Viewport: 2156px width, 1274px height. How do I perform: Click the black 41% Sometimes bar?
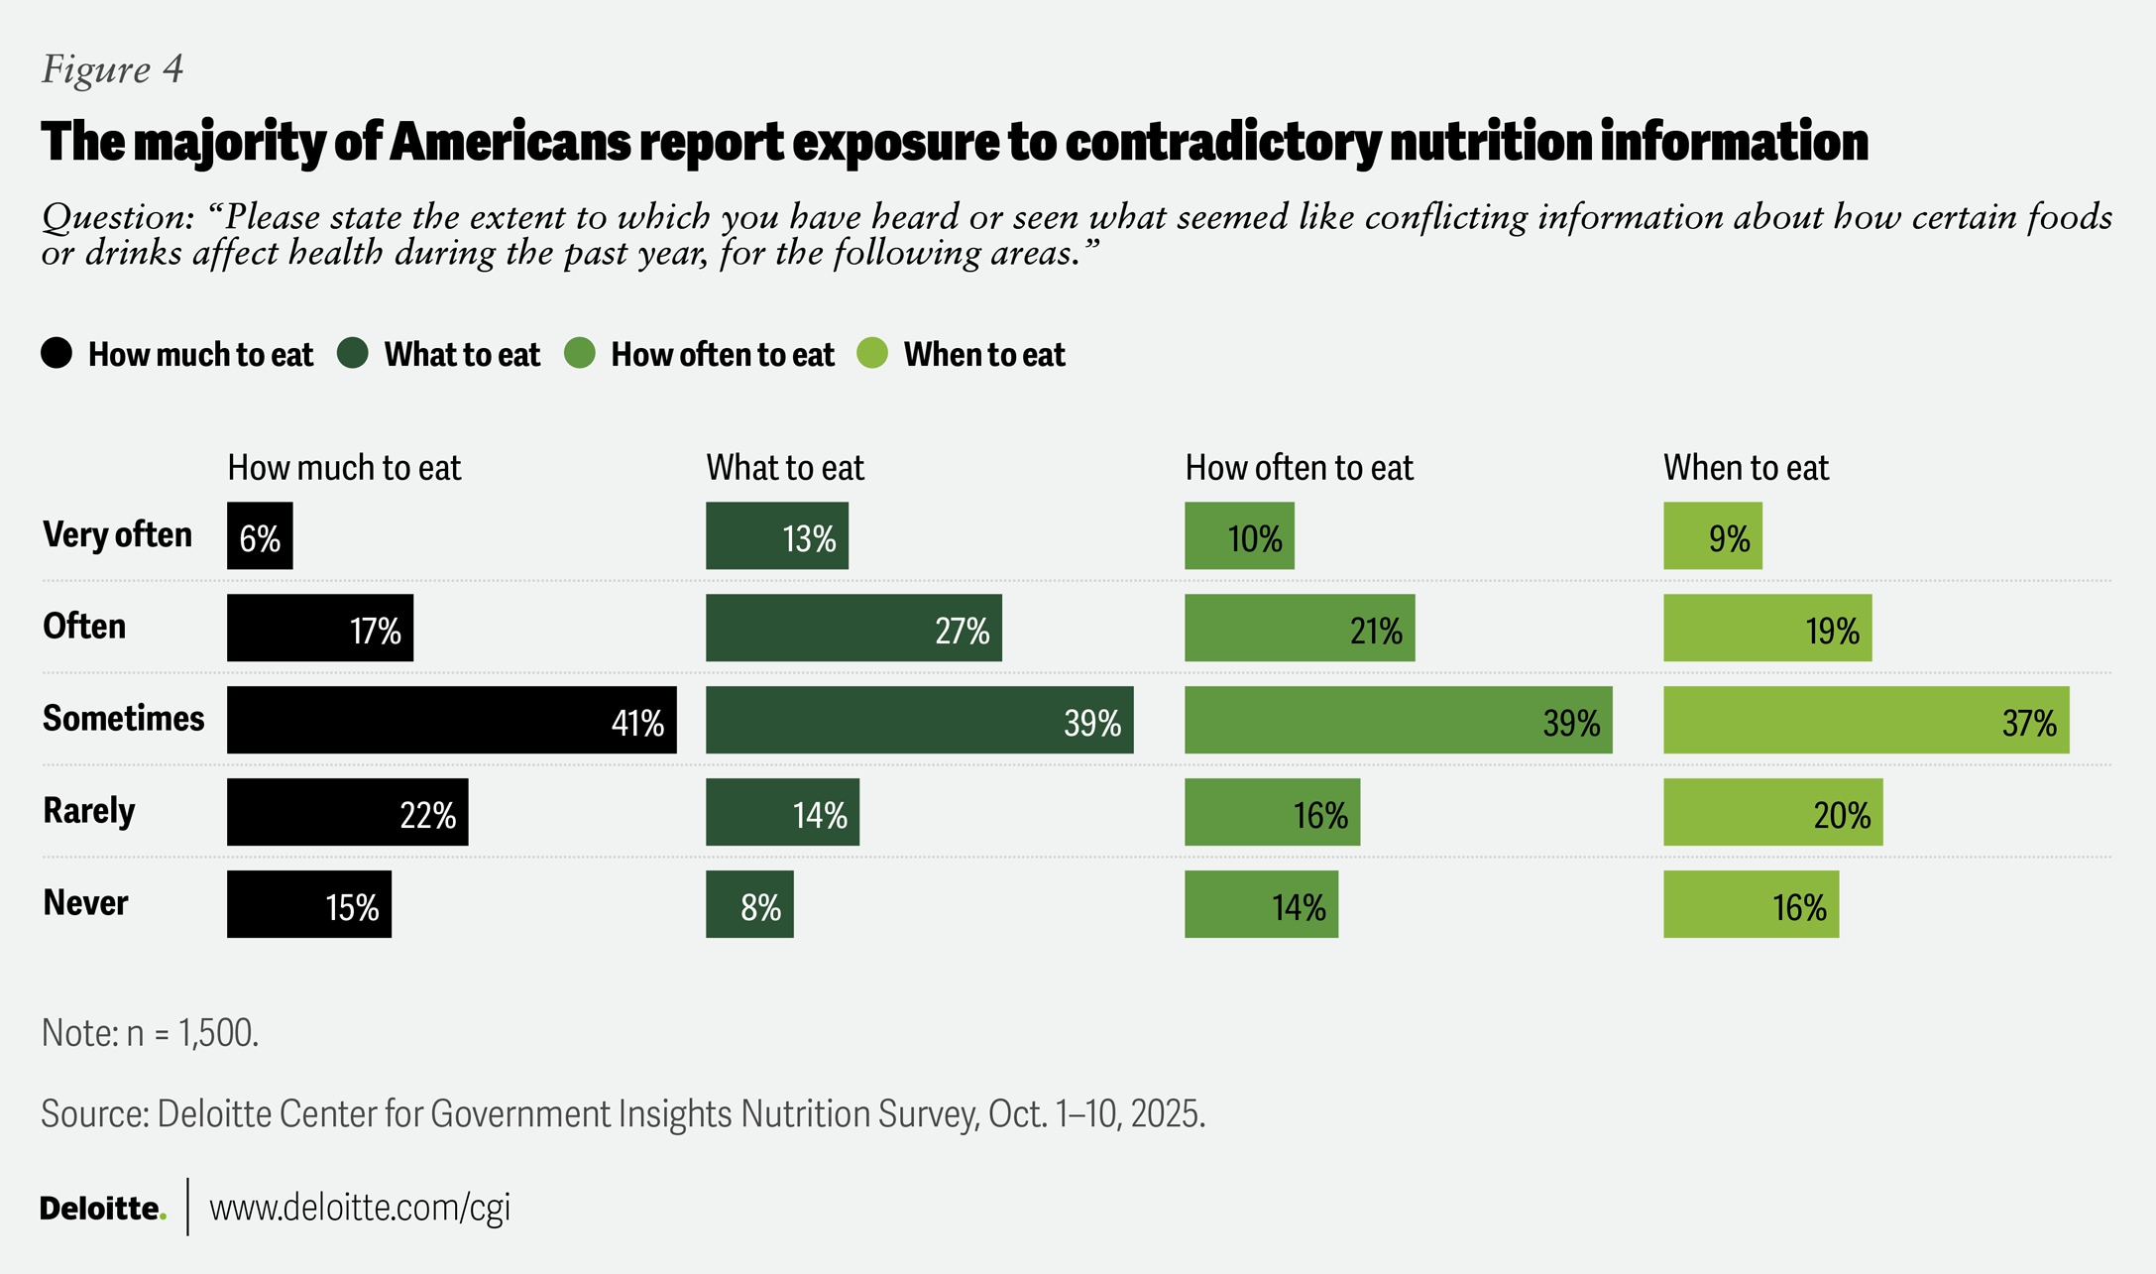click(x=451, y=720)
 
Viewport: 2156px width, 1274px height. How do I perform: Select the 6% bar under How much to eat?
click(x=260, y=536)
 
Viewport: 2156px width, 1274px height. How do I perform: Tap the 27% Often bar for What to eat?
click(x=853, y=629)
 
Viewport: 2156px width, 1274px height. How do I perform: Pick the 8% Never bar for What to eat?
click(x=749, y=904)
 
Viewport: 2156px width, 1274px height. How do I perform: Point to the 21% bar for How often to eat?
click(x=1300, y=629)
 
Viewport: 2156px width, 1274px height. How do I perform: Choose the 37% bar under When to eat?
click(x=1866, y=720)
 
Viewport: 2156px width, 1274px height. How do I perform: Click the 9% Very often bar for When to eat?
click(x=1712, y=536)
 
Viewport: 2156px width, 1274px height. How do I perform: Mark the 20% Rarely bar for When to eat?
click(x=1772, y=812)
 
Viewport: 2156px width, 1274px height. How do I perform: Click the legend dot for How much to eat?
click(x=57, y=353)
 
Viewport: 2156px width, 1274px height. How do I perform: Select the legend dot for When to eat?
click(x=872, y=353)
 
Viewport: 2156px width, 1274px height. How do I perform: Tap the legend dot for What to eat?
click(x=353, y=353)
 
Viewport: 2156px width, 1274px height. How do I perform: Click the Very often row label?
click(x=117, y=535)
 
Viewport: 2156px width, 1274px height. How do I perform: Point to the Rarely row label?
click(x=88, y=811)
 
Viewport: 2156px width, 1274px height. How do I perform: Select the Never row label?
click(x=85, y=903)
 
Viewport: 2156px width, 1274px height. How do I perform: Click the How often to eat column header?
click(x=1299, y=468)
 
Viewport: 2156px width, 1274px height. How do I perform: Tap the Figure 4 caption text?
click(x=112, y=69)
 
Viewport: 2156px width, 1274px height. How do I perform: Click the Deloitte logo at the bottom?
click(x=102, y=1208)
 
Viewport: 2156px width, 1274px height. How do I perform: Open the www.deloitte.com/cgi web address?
click(x=360, y=1208)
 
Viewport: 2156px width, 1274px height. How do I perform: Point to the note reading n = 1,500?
click(x=150, y=1033)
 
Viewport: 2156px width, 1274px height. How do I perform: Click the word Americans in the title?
click(x=510, y=141)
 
